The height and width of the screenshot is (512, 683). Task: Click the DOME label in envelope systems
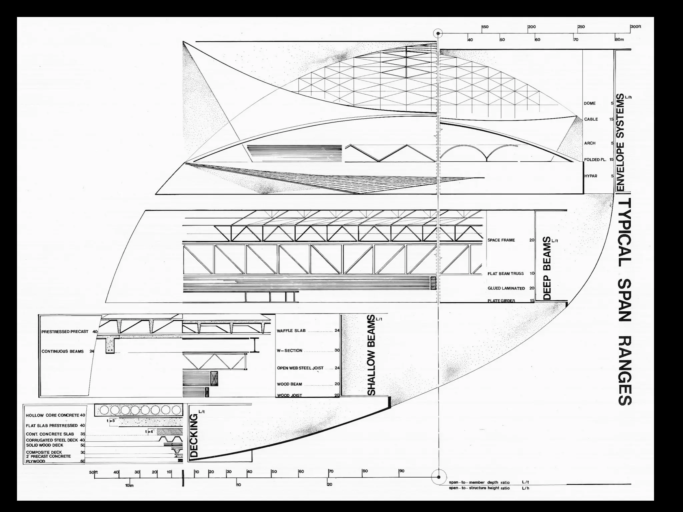pos(590,103)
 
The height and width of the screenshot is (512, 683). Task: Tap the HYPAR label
pos(591,176)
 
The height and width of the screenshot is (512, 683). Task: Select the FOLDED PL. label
pos(595,160)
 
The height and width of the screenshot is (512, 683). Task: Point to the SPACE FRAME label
pos(501,240)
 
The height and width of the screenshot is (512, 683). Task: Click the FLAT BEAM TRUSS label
pos(506,274)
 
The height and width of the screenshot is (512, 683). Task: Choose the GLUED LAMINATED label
pos(506,288)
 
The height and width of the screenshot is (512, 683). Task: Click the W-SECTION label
pos(289,351)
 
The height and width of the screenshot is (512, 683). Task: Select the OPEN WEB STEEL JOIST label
pos(300,368)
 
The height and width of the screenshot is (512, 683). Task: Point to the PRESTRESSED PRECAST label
pos(65,332)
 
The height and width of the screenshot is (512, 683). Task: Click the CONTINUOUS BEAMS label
pos(63,351)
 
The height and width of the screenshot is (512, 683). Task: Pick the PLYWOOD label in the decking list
pos(35,461)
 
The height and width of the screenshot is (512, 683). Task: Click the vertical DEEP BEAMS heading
pos(547,268)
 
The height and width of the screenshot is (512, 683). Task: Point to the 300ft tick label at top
pos(636,27)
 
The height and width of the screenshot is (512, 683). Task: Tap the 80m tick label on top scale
pos(619,40)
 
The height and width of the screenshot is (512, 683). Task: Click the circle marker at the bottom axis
pos(438,477)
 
